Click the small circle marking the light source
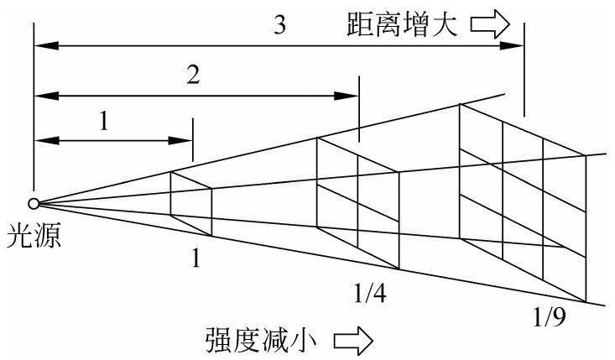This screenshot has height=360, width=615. tap(34, 203)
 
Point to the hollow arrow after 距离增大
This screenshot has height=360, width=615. tap(490, 24)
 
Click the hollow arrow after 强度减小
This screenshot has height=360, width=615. tap(353, 341)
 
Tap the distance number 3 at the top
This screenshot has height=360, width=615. tap(279, 25)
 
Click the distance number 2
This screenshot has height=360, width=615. tap(193, 76)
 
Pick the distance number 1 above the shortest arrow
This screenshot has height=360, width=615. tap(104, 123)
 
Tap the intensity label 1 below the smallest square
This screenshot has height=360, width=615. tap(195, 258)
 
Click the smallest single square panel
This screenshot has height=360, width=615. tap(191, 204)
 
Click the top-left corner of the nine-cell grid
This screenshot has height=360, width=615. tap(460, 104)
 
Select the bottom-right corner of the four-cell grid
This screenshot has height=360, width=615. tap(399, 269)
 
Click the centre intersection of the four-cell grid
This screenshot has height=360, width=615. tap(358, 203)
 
